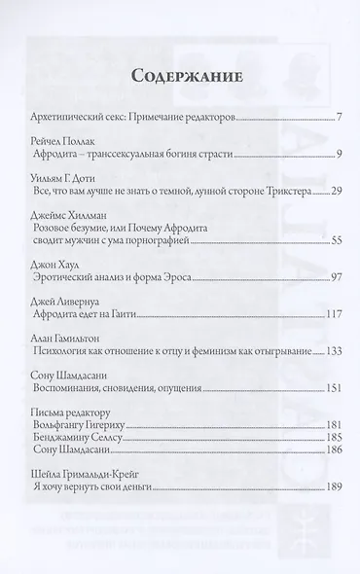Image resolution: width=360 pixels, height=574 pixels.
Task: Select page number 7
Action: point(335,118)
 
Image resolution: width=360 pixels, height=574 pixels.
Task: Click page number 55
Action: point(332,266)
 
